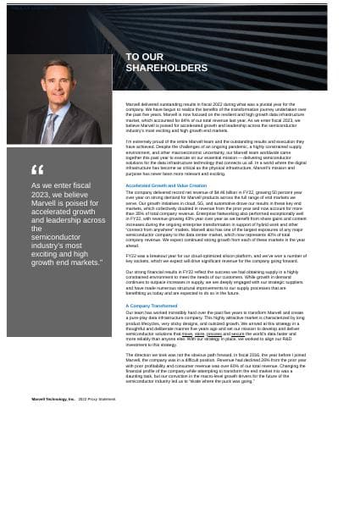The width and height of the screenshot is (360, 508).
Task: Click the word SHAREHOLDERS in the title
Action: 166,68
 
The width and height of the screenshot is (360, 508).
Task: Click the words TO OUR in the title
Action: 144,57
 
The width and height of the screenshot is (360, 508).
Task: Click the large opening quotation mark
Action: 36,170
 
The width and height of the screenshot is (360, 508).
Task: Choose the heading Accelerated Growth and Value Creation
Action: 165,185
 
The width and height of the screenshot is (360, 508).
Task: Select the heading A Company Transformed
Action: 151,306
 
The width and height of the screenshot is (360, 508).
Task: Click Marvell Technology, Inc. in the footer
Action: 53,399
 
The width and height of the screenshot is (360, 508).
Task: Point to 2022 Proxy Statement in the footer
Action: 97,399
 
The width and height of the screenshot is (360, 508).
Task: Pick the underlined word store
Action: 200,334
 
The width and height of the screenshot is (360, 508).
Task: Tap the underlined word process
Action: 214,334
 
